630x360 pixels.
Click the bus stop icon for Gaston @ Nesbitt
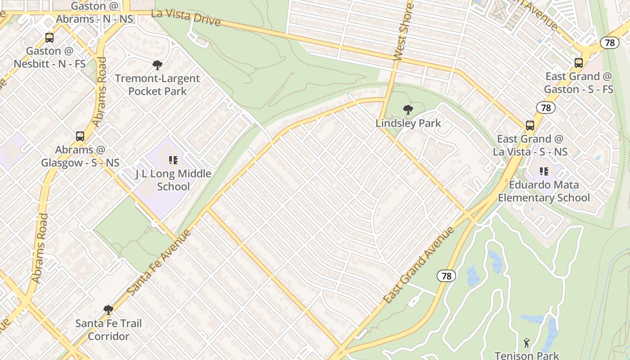(49, 38)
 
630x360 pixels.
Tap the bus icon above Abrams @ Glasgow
(80, 136)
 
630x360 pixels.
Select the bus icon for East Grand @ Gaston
(579, 63)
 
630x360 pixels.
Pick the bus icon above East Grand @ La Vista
(530, 126)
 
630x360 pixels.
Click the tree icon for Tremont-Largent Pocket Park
(157, 65)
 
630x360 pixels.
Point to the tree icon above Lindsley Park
(408, 109)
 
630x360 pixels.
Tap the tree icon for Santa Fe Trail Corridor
(108, 310)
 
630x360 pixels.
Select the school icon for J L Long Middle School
(173, 160)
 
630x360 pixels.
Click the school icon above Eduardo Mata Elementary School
(544, 171)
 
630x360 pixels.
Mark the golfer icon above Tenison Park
(526, 343)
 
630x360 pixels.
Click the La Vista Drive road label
(186, 18)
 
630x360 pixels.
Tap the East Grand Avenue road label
(418, 265)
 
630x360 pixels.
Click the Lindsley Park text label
(408, 123)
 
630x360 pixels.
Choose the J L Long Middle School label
(173, 180)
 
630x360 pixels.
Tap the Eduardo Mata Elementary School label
(544, 191)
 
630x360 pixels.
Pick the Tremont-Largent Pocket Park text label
(157, 85)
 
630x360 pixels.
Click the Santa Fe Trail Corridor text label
(108, 330)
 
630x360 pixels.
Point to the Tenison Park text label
(526, 355)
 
